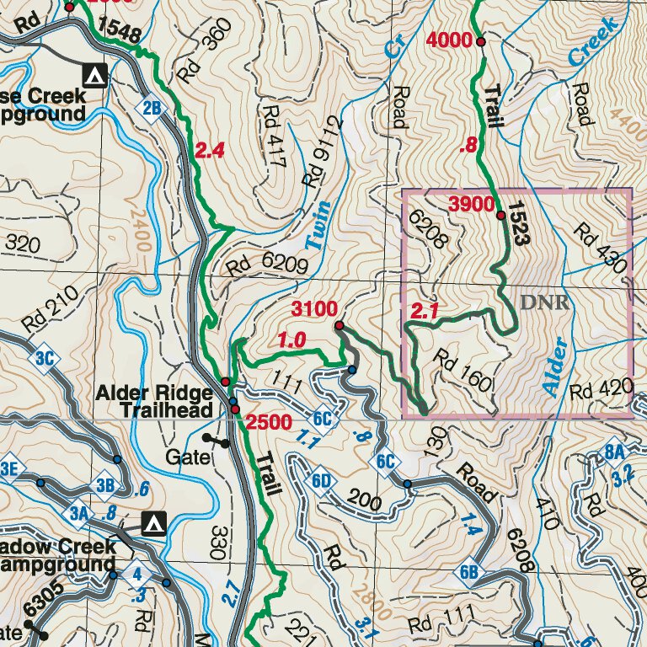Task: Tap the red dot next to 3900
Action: [x=501, y=217]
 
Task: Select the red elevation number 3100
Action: [x=314, y=309]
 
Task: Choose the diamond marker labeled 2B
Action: [x=151, y=108]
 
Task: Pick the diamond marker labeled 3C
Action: [x=45, y=358]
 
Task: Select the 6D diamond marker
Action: [x=319, y=481]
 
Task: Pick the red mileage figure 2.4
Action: [x=209, y=152]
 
